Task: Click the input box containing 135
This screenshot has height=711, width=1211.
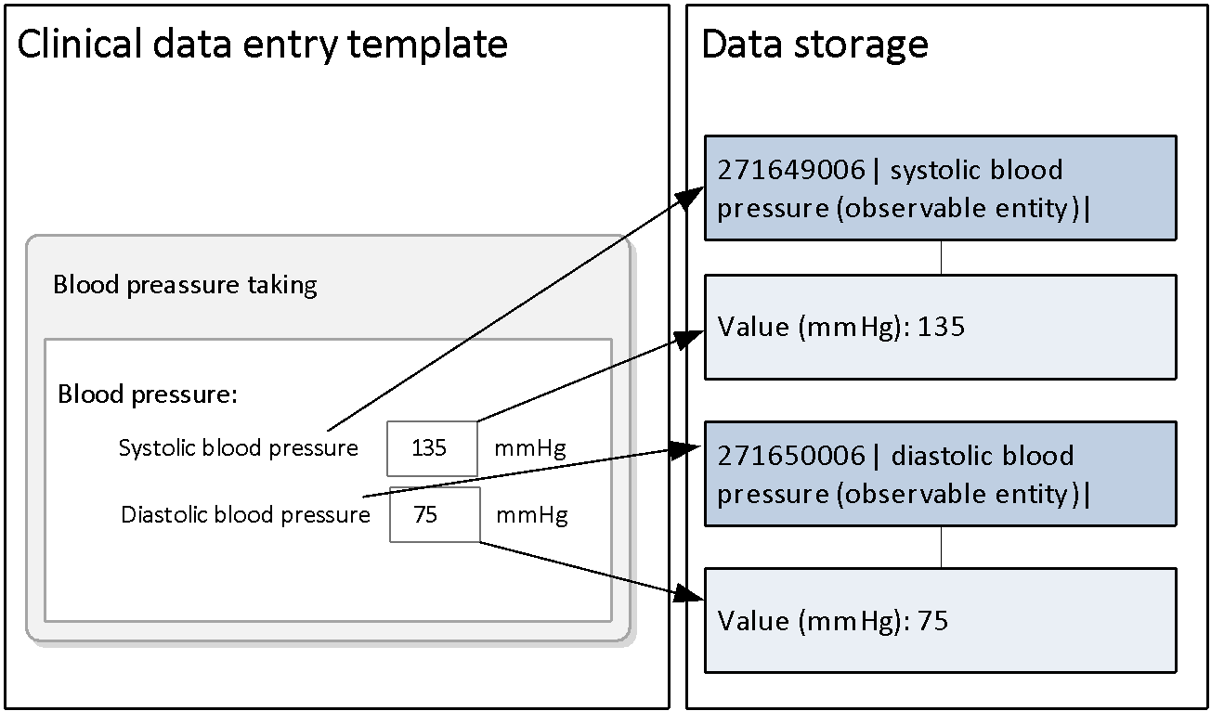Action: [x=432, y=448]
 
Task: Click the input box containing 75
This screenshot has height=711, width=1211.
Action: [x=434, y=514]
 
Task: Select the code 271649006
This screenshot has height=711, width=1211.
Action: [x=790, y=171]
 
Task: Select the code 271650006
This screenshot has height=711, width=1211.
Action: [x=790, y=457]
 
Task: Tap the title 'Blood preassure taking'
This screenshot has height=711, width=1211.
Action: [x=185, y=284]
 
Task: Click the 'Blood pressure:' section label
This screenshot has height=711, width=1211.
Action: [x=148, y=394]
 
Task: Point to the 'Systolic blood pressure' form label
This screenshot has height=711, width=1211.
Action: [x=238, y=448]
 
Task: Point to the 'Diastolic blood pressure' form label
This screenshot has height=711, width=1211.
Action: [x=245, y=515]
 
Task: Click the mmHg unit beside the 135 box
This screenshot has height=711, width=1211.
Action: [x=529, y=449]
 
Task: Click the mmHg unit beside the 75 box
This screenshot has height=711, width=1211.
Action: [x=531, y=515]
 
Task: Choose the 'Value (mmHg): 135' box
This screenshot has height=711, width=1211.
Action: [x=940, y=327]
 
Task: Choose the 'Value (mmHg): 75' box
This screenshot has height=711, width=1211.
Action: [x=940, y=620]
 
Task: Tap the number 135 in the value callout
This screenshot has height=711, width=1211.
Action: [x=941, y=328]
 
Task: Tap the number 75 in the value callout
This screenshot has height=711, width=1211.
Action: [x=932, y=621]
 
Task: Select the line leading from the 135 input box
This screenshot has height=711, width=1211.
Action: [x=557, y=388]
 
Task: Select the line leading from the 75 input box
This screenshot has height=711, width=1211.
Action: [x=557, y=562]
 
